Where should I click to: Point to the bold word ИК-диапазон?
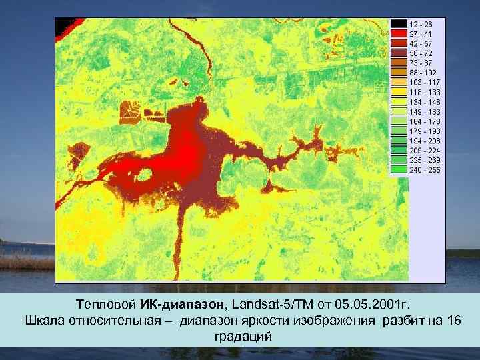183,305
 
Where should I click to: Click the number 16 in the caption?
453,321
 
